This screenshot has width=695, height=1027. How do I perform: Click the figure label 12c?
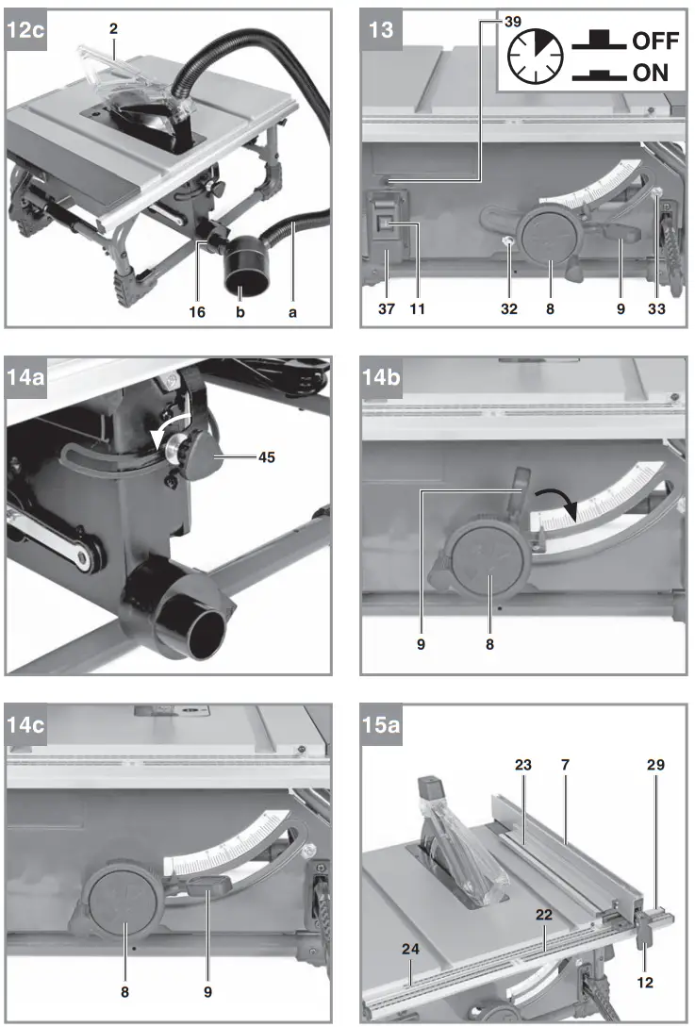coord(25,29)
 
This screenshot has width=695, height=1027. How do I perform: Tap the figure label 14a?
coord(25,378)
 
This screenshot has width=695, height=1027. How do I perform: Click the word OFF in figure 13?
coord(654,41)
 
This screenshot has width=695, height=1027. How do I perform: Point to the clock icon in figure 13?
coord(535,58)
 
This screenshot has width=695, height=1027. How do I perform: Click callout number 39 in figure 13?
coord(486,20)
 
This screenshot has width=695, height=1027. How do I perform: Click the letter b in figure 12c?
coord(248,310)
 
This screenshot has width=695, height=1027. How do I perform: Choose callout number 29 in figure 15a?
coord(655,765)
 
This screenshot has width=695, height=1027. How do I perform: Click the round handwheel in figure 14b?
coord(487,565)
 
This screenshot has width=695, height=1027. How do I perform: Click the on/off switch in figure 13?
coord(387,224)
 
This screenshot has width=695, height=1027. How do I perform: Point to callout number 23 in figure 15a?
coord(523,765)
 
